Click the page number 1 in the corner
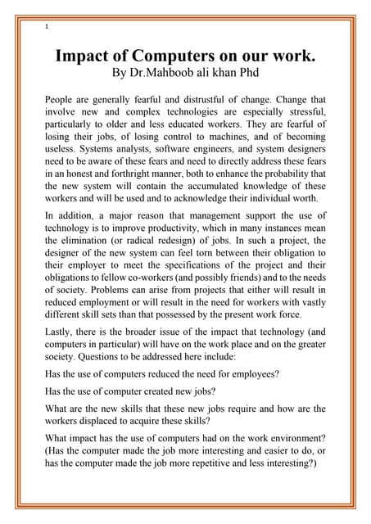click(48, 26)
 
